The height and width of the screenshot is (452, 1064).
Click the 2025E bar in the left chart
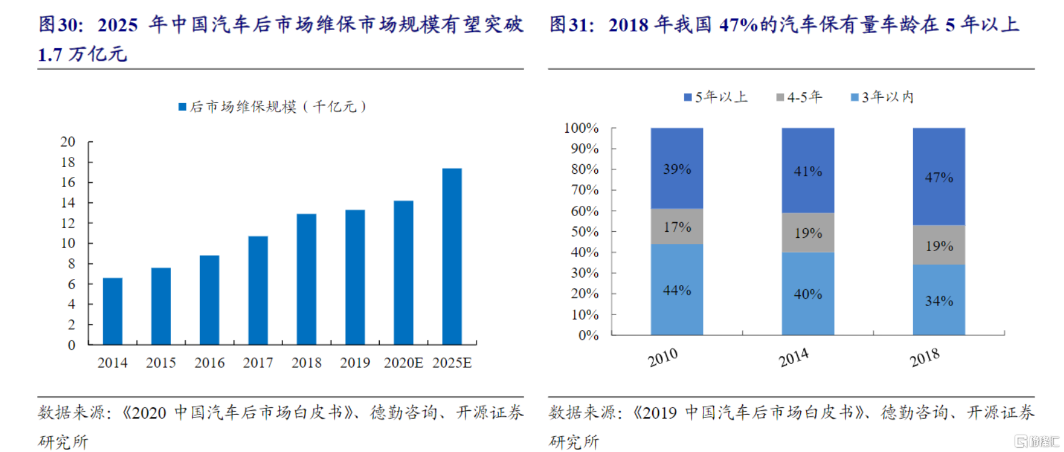(452, 256)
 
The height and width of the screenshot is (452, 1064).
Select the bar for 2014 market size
(113, 311)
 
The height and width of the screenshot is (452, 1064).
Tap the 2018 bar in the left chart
(307, 279)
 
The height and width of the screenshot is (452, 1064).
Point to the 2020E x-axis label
(403, 363)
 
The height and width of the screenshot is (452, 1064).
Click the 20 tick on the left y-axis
(68, 142)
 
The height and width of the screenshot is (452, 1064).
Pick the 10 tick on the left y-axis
(68, 243)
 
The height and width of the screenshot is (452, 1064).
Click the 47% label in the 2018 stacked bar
(939, 177)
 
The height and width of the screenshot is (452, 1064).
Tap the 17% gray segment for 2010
(677, 227)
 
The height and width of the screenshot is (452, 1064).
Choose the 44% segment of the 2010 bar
(677, 290)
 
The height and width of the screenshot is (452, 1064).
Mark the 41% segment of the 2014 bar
(808, 171)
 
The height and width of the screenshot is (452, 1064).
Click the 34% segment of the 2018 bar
(939, 301)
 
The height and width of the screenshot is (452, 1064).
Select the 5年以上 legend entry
(716, 97)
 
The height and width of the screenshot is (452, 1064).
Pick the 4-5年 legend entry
(800, 97)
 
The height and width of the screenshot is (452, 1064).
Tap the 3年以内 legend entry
(882, 97)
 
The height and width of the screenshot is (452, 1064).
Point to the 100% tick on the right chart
(581, 128)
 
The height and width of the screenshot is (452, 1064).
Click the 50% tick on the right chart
(585, 232)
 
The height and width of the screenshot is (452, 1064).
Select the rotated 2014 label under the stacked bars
(793, 358)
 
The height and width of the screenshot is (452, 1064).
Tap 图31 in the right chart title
(571, 25)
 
